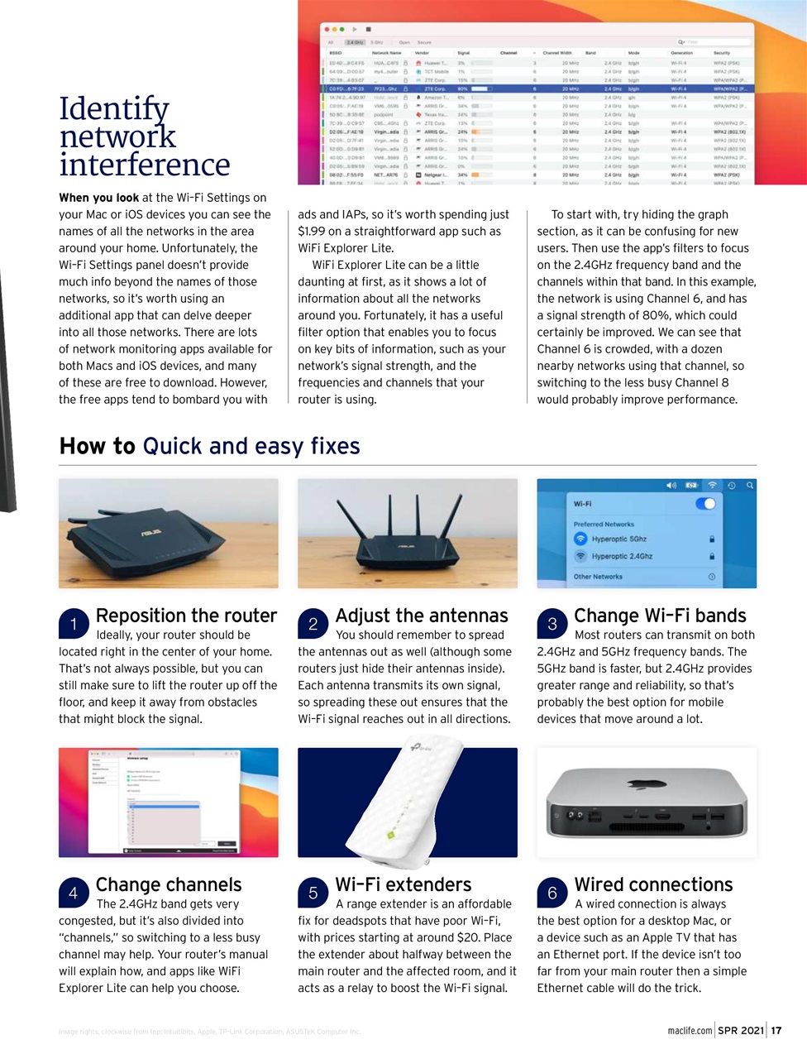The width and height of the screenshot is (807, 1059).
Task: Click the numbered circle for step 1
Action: tap(74, 624)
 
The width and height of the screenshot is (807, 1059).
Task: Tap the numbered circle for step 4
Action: tap(74, 893)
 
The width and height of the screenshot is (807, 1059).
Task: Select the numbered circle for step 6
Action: tap(552, 893)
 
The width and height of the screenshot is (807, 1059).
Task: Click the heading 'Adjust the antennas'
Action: tap(422, 616)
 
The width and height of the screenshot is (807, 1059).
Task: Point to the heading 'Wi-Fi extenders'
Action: tap(403, 884)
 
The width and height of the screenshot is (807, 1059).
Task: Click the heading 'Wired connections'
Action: tap(653, 884)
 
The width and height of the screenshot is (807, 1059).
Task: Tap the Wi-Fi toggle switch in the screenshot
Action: tap(705, 504)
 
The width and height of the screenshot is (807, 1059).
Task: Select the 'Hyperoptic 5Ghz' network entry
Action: tap(618, 539)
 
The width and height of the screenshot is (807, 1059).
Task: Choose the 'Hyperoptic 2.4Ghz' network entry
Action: tap(622, 556)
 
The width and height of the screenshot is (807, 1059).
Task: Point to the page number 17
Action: tap(776, 1030)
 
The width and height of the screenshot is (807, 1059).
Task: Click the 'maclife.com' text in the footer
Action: tap(690, 1030)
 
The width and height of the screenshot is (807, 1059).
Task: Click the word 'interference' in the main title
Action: tap(145, 165)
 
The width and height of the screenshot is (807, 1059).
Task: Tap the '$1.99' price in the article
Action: tap(313, 232)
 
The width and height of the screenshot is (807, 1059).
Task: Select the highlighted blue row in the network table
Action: tap(537, 89)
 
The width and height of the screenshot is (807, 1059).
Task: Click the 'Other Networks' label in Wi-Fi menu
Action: tap(598, 577)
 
